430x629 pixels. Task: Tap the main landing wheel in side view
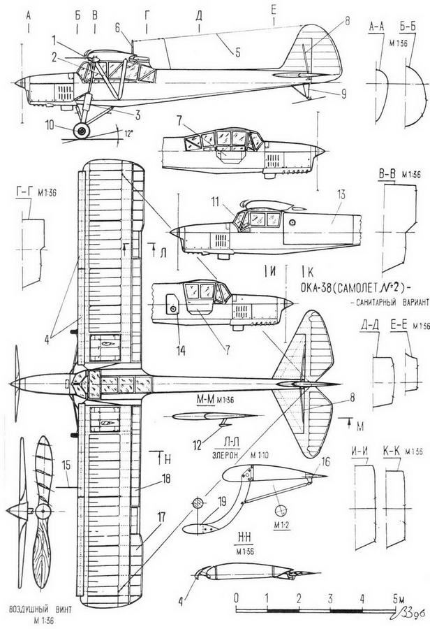(83, 129)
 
